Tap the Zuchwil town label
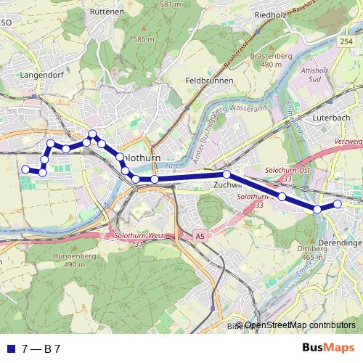point(227,184)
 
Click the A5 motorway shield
point(200,236)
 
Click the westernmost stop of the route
point(25,169)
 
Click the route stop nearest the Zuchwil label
point(227,174)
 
